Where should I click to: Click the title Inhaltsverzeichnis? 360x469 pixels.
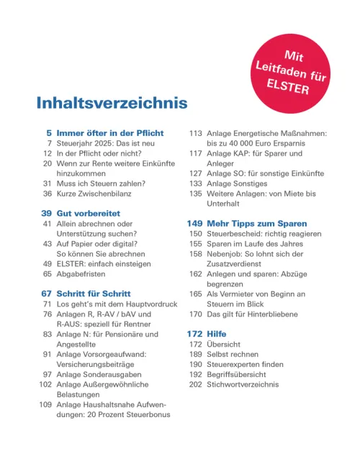112,103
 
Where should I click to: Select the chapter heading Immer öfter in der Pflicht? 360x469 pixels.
110,133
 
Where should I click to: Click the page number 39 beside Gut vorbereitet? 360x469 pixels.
45,214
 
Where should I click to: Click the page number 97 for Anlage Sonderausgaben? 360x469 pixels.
46,375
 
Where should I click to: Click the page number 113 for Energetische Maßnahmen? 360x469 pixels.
194,133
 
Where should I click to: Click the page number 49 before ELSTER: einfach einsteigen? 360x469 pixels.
46,264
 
